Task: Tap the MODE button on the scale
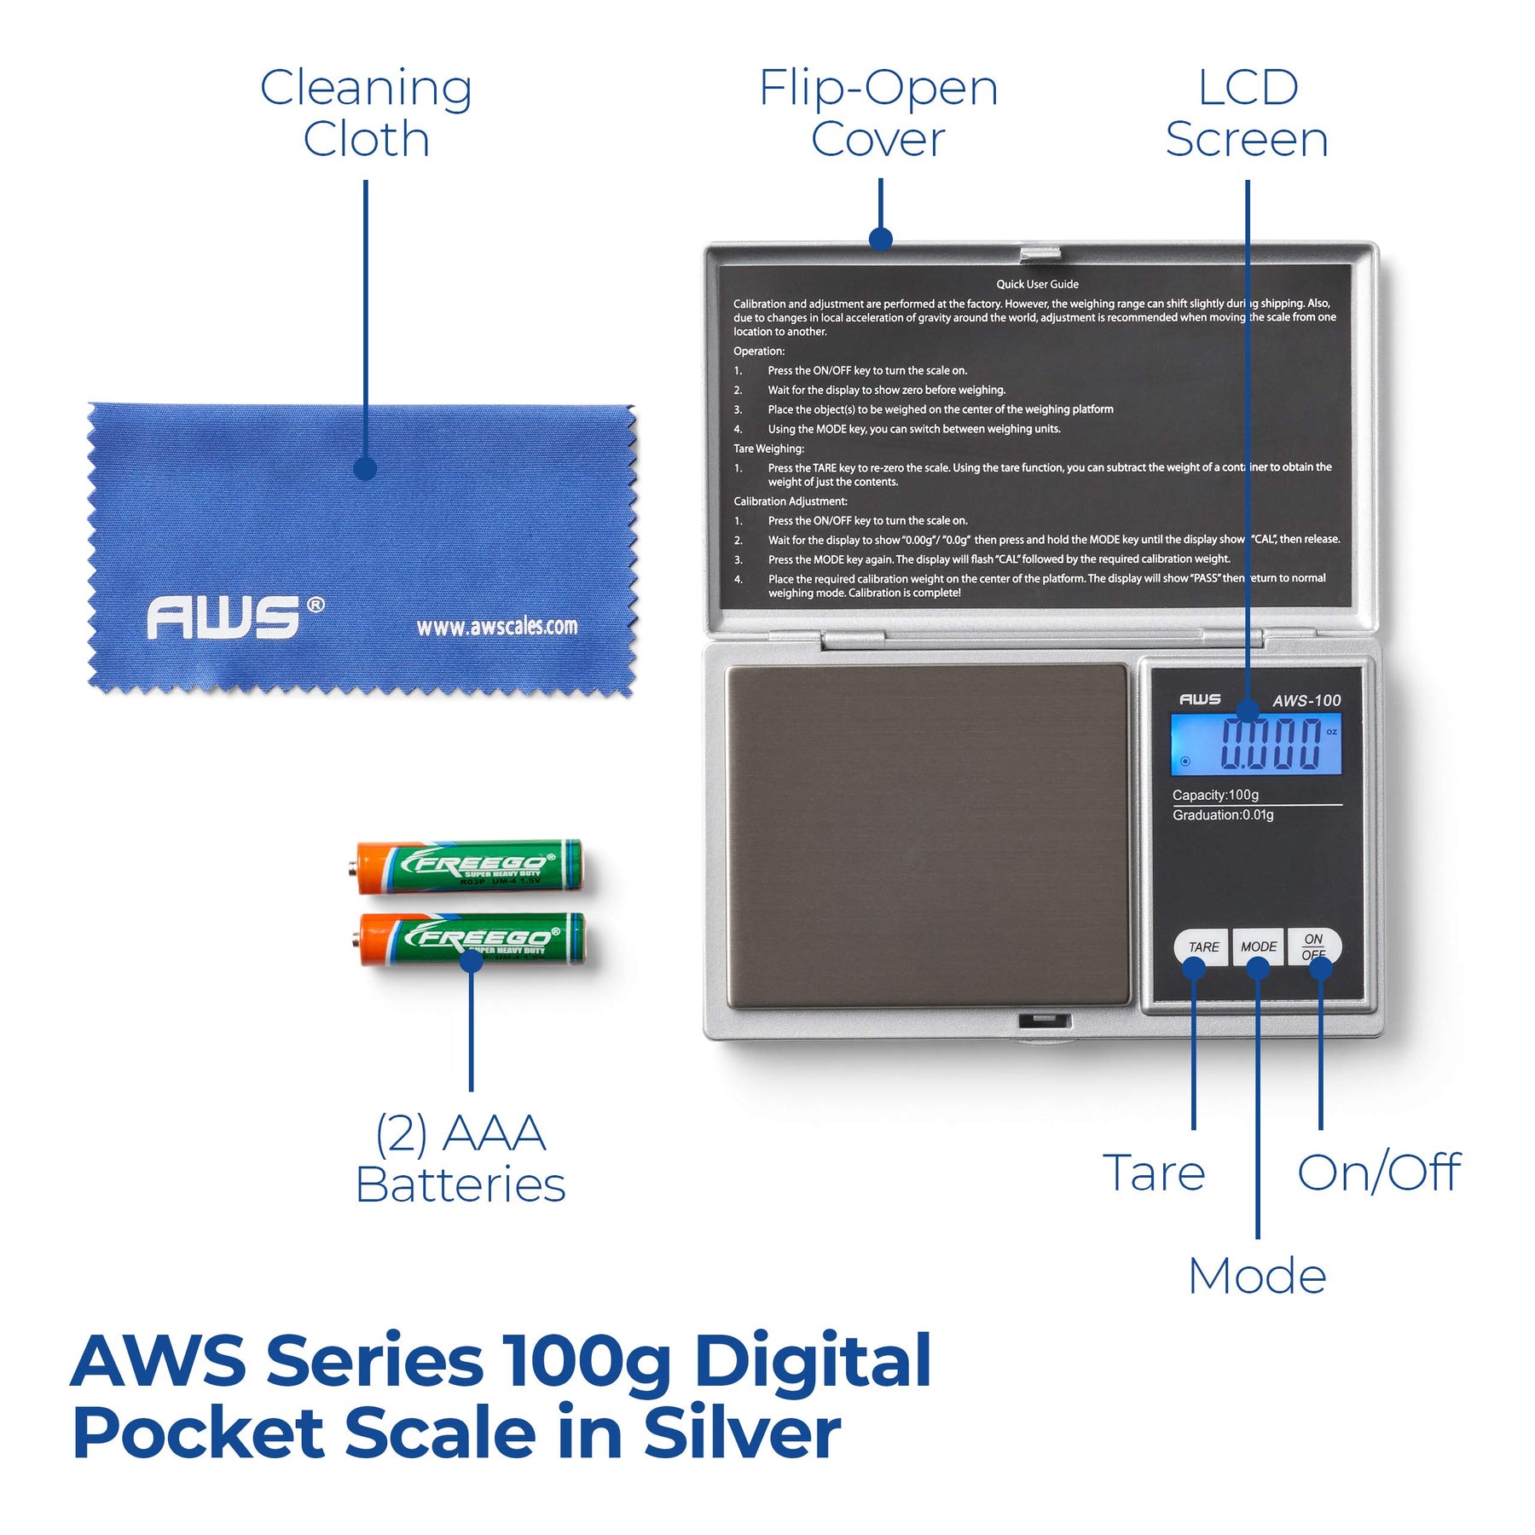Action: click(x=1258, y=946)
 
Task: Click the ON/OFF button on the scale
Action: click(x=1314, y=945)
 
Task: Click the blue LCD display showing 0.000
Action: click(x=1255, y=744)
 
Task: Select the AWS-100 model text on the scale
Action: click(x=1306, y=701)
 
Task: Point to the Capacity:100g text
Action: click(x=1215, y=795)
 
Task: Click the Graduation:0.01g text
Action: click(x=1223, y=815)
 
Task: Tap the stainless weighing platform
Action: click(x=928, y=836)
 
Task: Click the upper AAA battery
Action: click(x=470, y=866)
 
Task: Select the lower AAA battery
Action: click(x=472, y=938)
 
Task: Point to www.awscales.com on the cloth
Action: click(x=496, y=627)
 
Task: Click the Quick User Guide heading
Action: click(x=1037, y=284)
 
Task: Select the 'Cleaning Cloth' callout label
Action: click(x=366, y=113)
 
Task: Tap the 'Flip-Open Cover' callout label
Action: click(x=878, y=113)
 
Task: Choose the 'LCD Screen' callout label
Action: click(x=1247, y=113)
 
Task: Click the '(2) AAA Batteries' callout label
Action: click(x=460, y=1159)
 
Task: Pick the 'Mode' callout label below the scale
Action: click(x=1257, y=1277)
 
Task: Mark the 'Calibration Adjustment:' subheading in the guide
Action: click(x=791, y=501)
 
